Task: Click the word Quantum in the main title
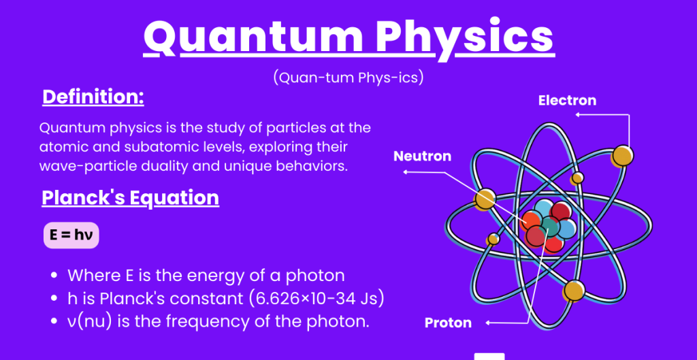point(253,38)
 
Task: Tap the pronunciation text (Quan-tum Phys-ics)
point(348,78)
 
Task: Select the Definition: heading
point(93,97)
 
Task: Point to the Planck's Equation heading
point(130,198)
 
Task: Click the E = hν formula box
point(71,235)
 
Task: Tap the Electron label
point(567,101)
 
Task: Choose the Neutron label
point(422,156)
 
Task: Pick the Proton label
point(448,323)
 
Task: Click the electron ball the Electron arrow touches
point(622,156)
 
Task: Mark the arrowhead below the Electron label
point(578,114)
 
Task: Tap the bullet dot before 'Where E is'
point(54,276)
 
